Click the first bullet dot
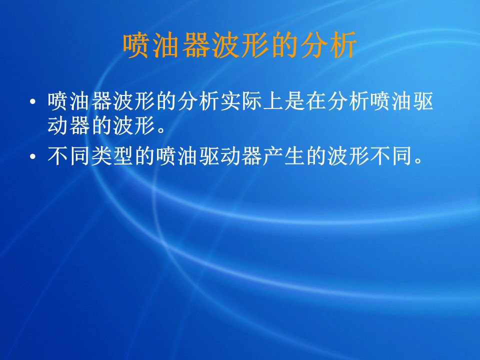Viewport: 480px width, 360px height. tap(33, 101)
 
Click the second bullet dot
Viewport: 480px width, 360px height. tap(33, 156)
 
